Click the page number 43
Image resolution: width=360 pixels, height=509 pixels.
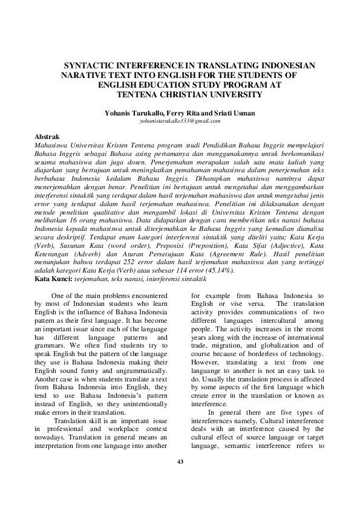pos(180,462)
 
